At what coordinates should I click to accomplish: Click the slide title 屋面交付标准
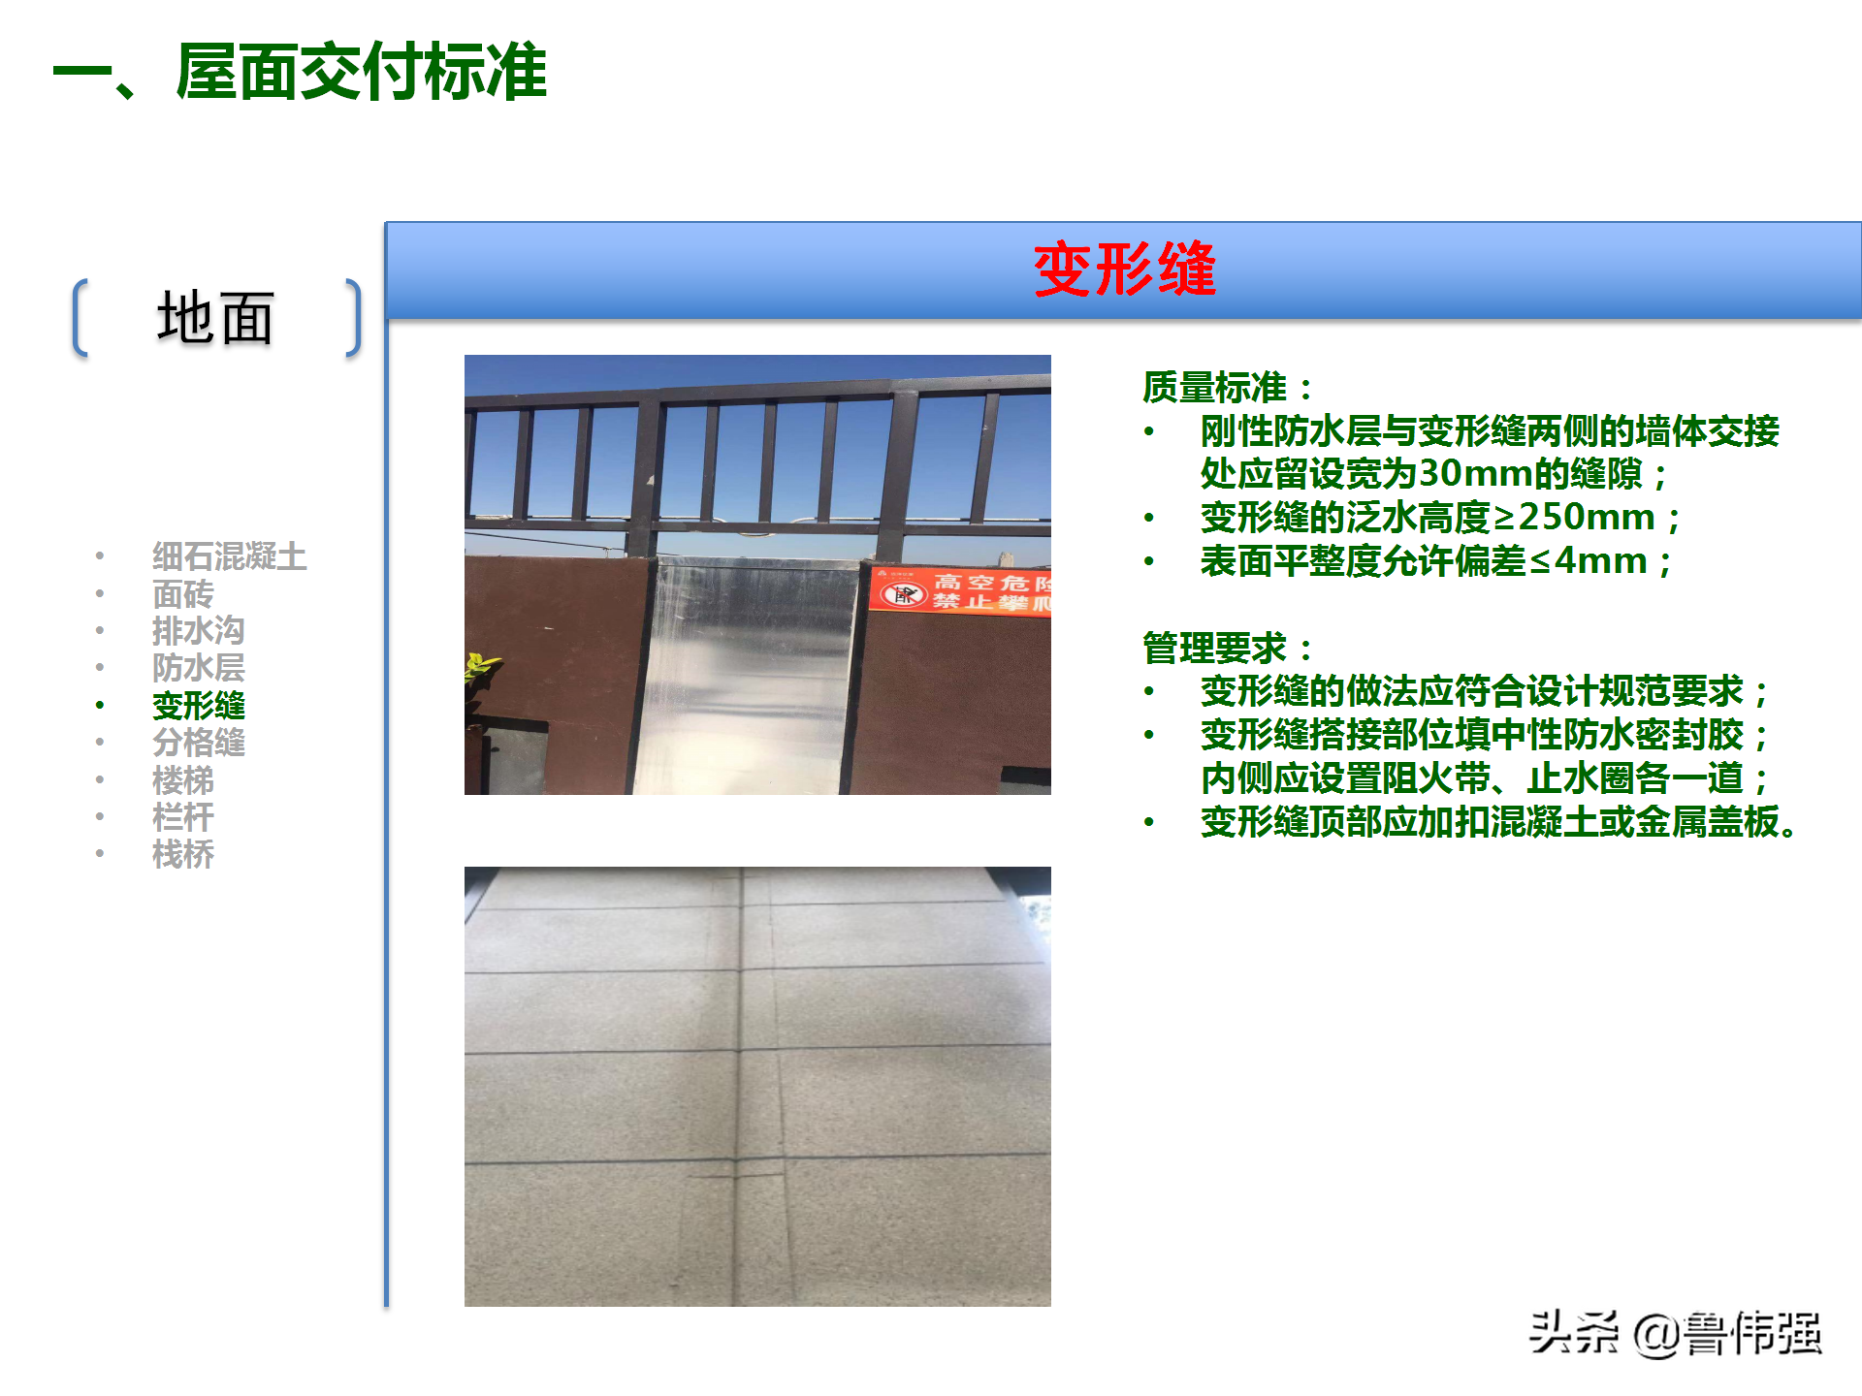click(x=361, y=73)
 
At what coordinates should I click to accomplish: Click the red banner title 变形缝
click(x=1124, y=270)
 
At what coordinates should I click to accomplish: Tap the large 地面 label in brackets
click(x=215, y=318)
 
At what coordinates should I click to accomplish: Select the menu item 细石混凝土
click(x=229, y=556)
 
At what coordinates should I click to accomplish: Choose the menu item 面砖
click(x=182, y=593)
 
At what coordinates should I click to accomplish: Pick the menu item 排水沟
click(x=198, y=630)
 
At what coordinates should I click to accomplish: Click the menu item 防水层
click(x=198, y=668)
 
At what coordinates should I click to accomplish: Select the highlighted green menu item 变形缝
click(x=198, y=706)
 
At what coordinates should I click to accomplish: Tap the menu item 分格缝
click(x=198, y=743)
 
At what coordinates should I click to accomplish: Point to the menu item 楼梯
click(x=182, y=780)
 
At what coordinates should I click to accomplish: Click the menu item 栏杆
click(x=182, y=817)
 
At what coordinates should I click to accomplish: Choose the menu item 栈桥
click(x=182, y=855)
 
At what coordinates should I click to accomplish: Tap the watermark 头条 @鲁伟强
click(x=1676, y=1334)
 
